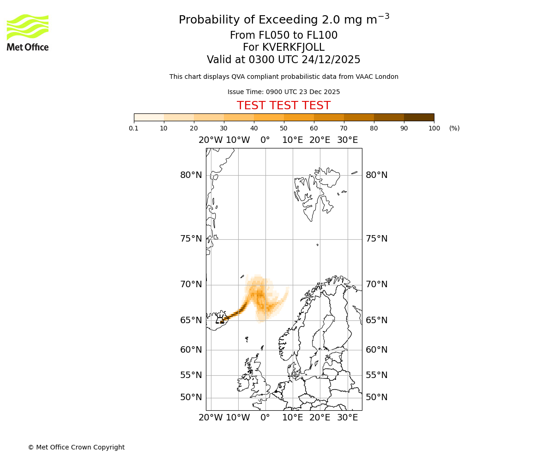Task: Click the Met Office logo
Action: (x=28, y=32)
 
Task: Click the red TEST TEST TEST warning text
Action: (x=283, y=106)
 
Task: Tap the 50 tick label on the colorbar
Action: (x=284, y=128)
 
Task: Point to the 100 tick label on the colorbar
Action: (x=434, y=128)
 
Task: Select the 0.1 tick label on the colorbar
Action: (x=134, y=128)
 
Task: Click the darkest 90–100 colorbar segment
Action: (x=419, y=117)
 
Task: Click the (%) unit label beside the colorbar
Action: (x=454, y=128)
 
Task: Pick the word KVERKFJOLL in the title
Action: (x=293, y=47)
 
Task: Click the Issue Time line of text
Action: (x=283, y=92)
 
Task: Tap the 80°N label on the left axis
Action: (x=191, y=175)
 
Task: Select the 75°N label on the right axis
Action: (x=377, y=239)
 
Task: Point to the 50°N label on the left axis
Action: (x=191, y=397)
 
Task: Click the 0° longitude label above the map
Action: (x=265, y=140)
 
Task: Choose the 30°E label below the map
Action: (x=347, y=418)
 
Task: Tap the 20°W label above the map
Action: (x=211, y=140)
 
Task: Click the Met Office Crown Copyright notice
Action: (x=76, y=447)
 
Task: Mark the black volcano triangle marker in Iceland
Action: (x=222, y=321)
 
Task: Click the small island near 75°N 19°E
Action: (x=318, y=245)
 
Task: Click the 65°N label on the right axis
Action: (x=377, y=320)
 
